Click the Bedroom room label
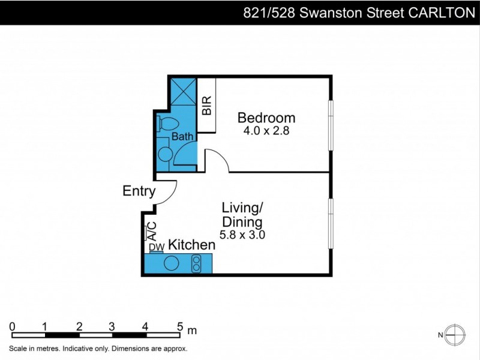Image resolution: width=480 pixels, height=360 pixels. [x=266, y=118]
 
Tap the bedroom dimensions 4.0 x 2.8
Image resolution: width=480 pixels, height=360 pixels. [x=266, y=131]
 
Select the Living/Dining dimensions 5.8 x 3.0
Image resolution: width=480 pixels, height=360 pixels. [x=242, y=235]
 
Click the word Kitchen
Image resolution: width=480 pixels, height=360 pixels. [x=191, y=245]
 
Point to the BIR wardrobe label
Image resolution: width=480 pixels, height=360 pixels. [x=207, y=106]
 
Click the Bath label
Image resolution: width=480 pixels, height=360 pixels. [x=182, y=137]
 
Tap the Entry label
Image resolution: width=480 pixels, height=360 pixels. [x=139, y=191]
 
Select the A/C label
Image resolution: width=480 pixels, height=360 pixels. [x=152, y=230]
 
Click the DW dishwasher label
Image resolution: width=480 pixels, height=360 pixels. [x=156, y=247]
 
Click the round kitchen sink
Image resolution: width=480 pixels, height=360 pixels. [x=172, y=263]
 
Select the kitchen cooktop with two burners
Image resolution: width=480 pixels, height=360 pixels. [x=196, y=263]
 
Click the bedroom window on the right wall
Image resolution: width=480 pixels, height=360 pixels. [x=330, y=125]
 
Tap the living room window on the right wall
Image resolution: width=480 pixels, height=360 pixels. [x=330, y=223]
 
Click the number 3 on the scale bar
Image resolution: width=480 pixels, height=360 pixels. [x=112, y=326]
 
